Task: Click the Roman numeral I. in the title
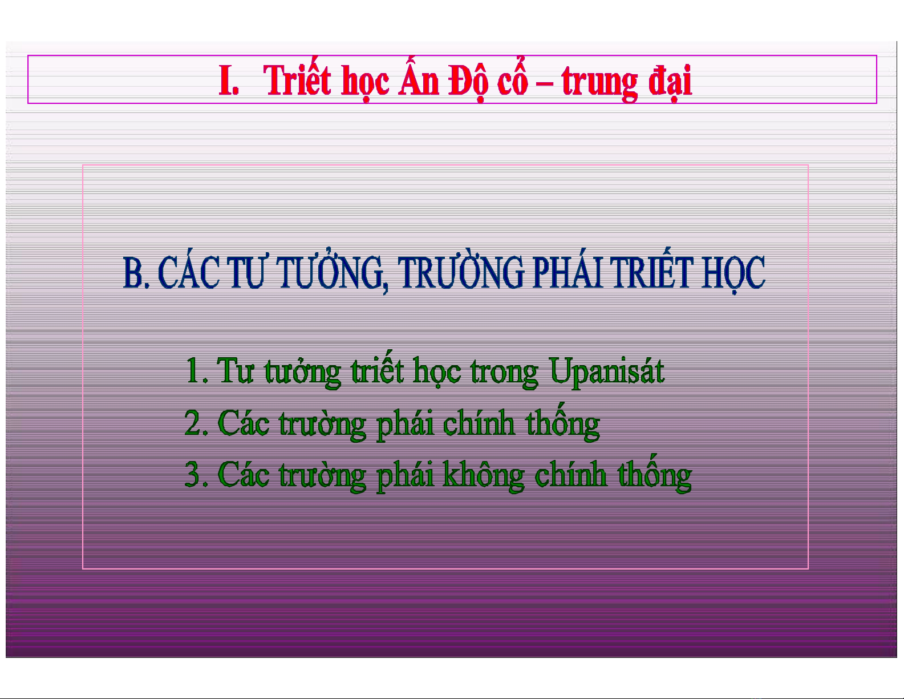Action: click(x=229, y=80)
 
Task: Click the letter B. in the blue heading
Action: click(x=136, y=272)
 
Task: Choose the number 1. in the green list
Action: click(x=197, y=370)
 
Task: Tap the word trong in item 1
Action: click(x=504, y=374)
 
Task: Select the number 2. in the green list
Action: click(x=196, y=423)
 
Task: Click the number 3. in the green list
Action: click(x=196, y=474)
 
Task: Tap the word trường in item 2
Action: click(x=322, y=425)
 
